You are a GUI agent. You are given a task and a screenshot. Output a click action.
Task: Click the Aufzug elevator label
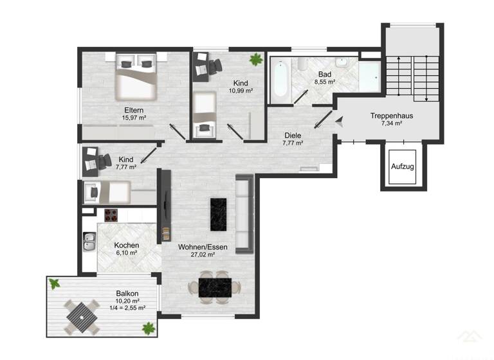pos(403,166)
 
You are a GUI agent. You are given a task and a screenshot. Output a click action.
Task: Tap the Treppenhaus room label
pos(391,116)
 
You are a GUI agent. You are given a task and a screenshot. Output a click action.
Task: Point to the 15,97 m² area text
pos(134,118)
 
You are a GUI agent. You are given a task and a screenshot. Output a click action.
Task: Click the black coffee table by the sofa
pos(219,215)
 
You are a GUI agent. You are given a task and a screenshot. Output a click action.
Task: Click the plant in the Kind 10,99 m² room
pos(256,60)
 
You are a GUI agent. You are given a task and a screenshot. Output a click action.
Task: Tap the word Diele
pos(293,136)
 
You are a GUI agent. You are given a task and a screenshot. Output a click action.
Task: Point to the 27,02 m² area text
pos(203,255)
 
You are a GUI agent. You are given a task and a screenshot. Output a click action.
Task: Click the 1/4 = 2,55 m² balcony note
pos(126,308)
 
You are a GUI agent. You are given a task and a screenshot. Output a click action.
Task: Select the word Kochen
pos(127,246)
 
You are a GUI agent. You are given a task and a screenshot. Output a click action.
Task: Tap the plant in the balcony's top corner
pos(55,283)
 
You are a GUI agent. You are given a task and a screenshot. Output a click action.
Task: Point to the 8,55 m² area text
pos(324,82)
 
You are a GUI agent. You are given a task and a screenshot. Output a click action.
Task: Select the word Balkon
pos(127,293)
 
